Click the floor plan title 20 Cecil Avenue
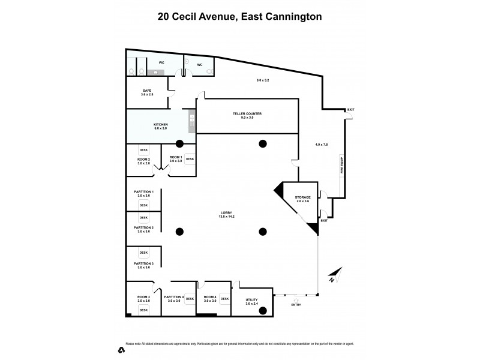pos(239,16)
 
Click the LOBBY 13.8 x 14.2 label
pos(226,215)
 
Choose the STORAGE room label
pos(302,199)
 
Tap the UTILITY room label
pos(251,302)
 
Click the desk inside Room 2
pos(143,151)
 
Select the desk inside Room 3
pos(143,310)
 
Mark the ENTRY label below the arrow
pos(296,305)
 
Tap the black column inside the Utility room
pos(262,310)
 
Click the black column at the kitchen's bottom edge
pos(179,143)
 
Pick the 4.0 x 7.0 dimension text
pos(322,145)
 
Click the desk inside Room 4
pos(224,299)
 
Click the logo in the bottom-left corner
pos(121,349)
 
